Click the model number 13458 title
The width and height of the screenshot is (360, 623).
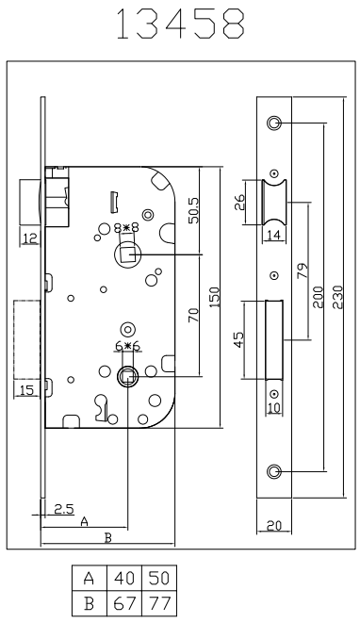181,24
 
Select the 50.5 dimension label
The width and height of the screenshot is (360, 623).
195,210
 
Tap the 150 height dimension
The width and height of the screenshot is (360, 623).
214,297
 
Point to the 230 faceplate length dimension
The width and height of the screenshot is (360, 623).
337,296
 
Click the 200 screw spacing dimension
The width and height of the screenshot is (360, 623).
319,296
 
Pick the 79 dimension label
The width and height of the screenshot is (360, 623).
303,271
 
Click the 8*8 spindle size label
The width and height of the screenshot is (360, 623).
126,228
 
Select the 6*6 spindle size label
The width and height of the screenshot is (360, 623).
128,347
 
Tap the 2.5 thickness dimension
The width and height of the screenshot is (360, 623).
64,509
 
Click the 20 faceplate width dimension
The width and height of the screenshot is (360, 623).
274,526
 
